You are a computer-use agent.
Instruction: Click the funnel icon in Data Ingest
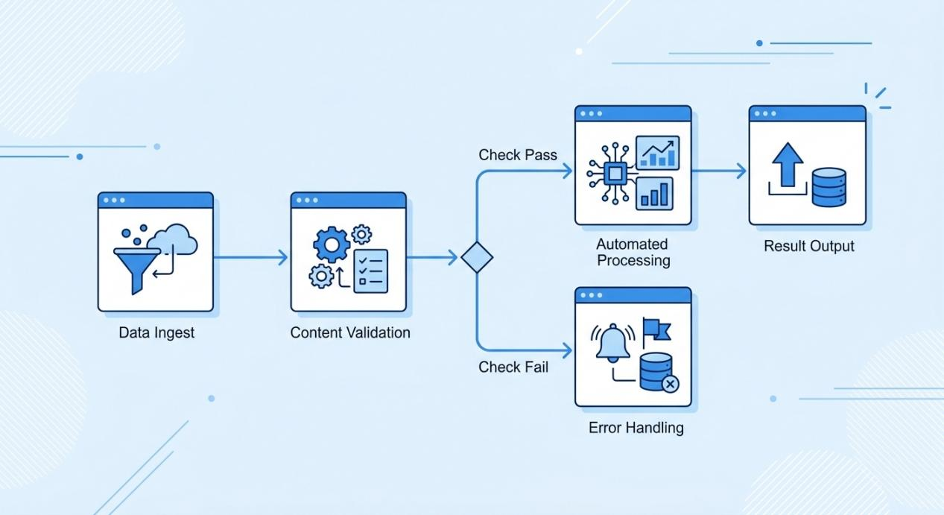(136, 264)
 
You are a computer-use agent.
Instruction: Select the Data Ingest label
(156, 332)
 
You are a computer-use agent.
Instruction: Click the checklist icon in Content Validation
(370, 271)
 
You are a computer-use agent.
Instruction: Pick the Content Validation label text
(350, 332)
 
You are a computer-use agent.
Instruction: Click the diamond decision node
(477, 258)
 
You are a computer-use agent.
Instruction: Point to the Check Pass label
(518, 156)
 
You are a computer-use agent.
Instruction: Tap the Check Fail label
(513, 367)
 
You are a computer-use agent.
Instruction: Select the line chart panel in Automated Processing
(657, 153)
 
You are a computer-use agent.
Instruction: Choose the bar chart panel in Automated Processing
(655, 192)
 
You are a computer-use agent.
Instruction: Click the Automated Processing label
(633, 252)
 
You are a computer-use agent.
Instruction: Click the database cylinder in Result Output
(829, 187)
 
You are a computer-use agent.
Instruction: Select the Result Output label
(809, 245)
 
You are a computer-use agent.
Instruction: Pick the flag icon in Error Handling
(656, 329)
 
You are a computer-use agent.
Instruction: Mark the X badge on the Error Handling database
(670, 385)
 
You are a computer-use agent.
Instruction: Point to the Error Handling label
(636, 428)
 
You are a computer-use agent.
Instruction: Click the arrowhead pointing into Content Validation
(282, 258)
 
